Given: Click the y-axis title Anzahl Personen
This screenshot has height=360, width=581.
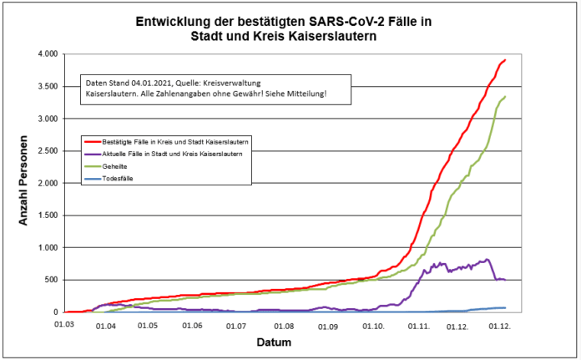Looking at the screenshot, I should pos(24,183).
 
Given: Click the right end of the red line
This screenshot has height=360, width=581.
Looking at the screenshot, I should pos(506,60).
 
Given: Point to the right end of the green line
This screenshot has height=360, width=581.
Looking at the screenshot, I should pos(506,97).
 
